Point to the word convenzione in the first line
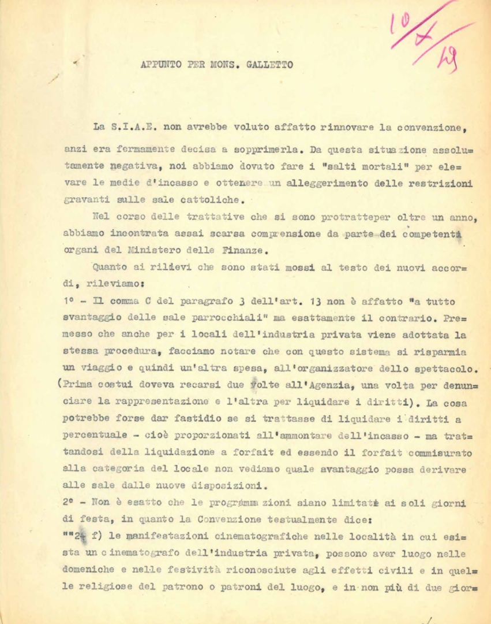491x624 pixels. tap(429, 125)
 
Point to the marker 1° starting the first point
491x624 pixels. tap(68, 302)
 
